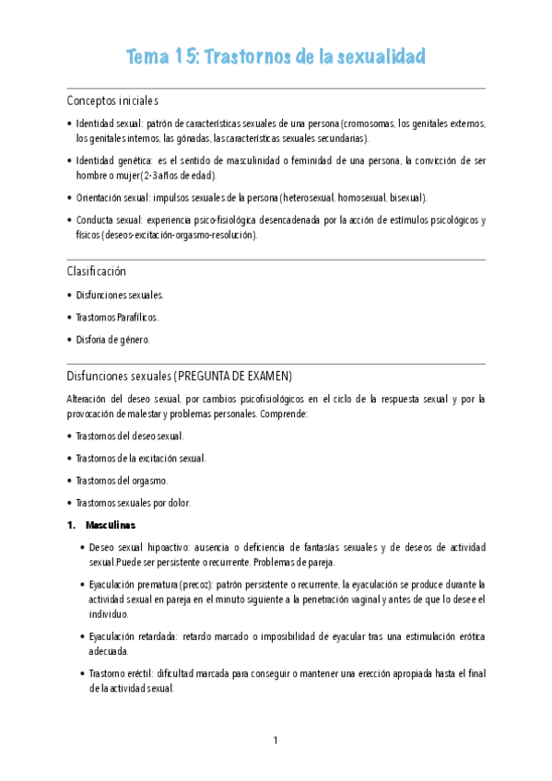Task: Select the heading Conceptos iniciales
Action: [112, 100]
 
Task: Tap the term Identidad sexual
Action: [108, 122]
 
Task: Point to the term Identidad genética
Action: [112, 159]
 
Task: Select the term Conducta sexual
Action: [109, 219]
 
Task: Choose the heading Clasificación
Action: [96, 272]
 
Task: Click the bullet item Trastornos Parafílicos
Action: [118, 317]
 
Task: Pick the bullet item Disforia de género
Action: [112, 339]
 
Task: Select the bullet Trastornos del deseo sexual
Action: [130, 436]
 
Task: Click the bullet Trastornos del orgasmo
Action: [123, 480]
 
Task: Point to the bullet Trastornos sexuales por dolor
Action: [135, 502]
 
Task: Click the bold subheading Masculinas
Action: [110, 525]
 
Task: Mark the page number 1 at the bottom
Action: [276, 741]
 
